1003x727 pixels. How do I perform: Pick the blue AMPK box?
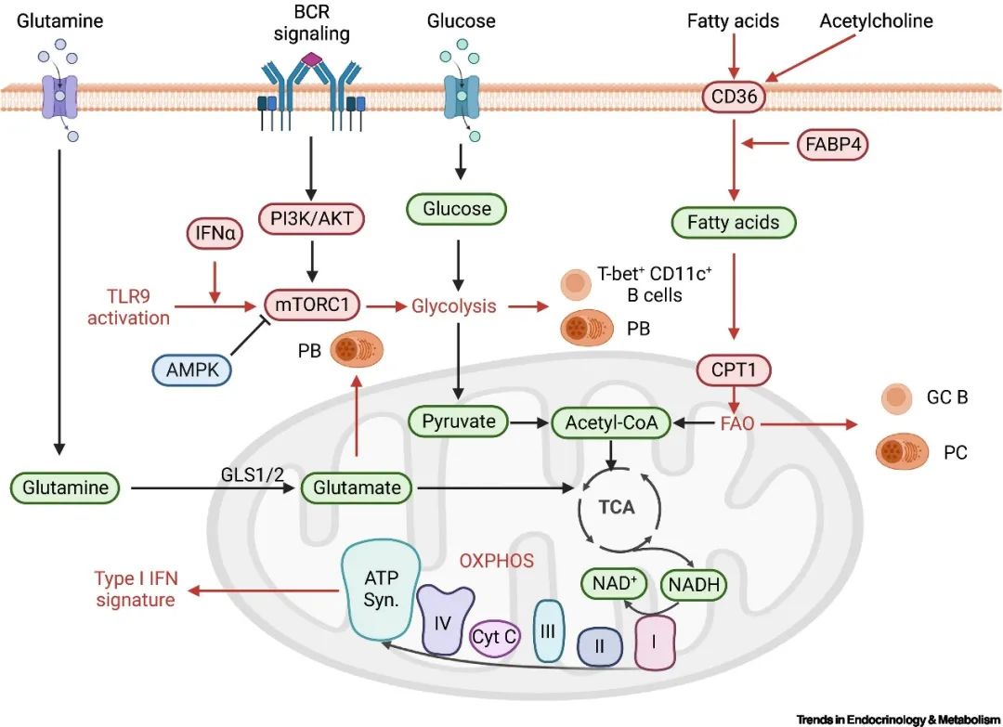tap(191, 370)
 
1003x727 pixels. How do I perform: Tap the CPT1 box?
tap(734, 370)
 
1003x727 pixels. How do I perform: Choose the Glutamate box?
tap(357, 487)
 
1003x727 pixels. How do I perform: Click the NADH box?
tap(693, 585)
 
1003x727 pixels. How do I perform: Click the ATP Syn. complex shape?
tap(380, 591)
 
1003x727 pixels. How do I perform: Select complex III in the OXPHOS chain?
tap(548, 630)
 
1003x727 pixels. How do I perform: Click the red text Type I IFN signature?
tap(135, 590)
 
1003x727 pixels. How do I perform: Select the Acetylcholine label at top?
tap(875, 20)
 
